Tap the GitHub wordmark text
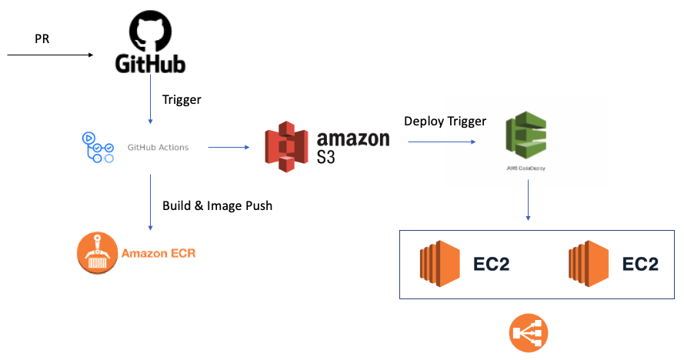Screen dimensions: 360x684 tap(151, 63)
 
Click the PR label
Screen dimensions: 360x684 tap(43, 39)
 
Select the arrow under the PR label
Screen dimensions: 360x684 tap(50, 55)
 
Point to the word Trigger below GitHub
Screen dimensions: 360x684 tap(182, 99)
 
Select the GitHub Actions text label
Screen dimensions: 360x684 tap(158, 147)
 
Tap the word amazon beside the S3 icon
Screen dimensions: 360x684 tap(353, 138)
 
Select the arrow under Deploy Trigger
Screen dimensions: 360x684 tap(441, 142)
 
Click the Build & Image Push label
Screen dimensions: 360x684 tap(217, 205)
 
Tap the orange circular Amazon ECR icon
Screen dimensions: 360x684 tap(97, 252)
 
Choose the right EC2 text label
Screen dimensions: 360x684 tap(640, 264)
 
